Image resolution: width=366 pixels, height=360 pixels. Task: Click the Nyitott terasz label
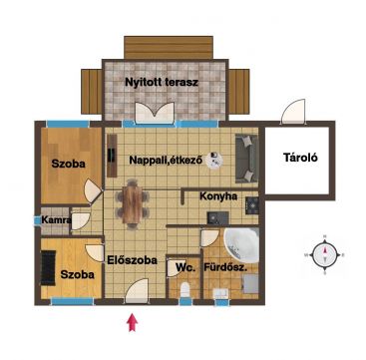162,82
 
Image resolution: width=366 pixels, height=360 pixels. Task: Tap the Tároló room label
300,158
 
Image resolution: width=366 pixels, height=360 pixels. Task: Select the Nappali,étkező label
166,161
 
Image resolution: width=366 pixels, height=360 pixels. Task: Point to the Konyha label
218,196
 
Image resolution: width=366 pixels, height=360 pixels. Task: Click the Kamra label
56,219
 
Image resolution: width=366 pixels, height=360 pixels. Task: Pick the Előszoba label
132,260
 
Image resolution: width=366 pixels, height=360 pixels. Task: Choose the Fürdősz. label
225,267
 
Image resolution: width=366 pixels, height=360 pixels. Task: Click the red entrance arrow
133,322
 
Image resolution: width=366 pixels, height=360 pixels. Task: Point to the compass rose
325,255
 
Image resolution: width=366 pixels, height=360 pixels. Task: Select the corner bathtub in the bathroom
242,245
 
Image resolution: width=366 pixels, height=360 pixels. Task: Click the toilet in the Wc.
184,289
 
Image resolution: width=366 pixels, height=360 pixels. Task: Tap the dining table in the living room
132,204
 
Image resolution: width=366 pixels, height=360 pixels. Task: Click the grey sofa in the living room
246,159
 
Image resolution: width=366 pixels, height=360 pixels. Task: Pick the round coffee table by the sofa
214,161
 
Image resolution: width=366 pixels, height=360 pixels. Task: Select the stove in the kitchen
251,205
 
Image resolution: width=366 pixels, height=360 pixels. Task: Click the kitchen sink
217,217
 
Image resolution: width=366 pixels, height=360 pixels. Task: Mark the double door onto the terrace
155,113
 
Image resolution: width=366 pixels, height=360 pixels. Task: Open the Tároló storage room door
293,111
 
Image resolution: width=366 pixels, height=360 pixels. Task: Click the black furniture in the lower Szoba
48,267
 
